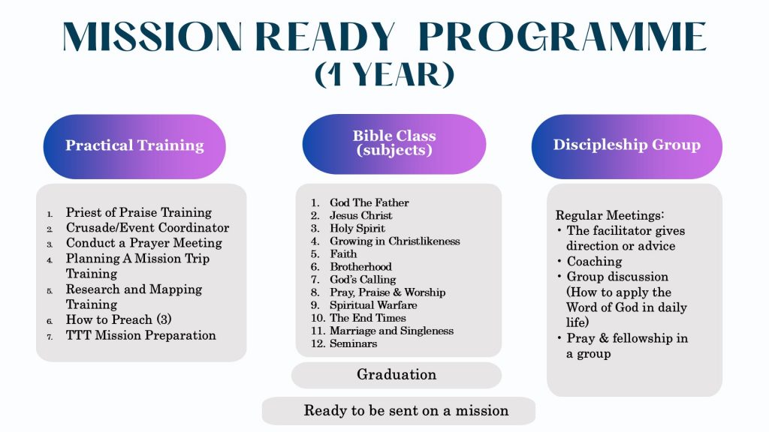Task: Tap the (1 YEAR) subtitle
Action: pyautogui.click(x=384, y=74)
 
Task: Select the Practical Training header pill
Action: pyautogui.click(x=134, y=145)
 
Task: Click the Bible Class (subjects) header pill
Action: pyautogui.click(x=394, y=143)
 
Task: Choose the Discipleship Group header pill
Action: pyautogui.click(x=626, y=145)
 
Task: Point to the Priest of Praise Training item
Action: pyautogui.click(x=139, y=212)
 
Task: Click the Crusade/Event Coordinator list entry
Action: pyautogui.click(x=147, y=227)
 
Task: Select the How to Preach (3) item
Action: pyautogui.click(x=119, y=319)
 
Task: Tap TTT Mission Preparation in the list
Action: pyautogui.click(x=140, y=335)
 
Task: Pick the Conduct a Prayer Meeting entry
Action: pyautogui.click(x=143, y=243)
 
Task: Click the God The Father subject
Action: pyautogui.click(x=369, y=202)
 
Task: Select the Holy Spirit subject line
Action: pyautogui.click(x=357, y=228)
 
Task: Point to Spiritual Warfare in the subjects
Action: pyautogui.click(x=372, y=305)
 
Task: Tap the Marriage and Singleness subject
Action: pyautogui.click(x=391, y=331)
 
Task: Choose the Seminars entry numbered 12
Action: pyautogui.click(x=353, y=343)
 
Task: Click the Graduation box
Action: pyautogui.click(x=396, y=374)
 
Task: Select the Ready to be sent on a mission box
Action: pyautogui.click(x=406, y=410)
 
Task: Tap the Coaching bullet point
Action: pyautogui.click(x=594, y=262)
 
